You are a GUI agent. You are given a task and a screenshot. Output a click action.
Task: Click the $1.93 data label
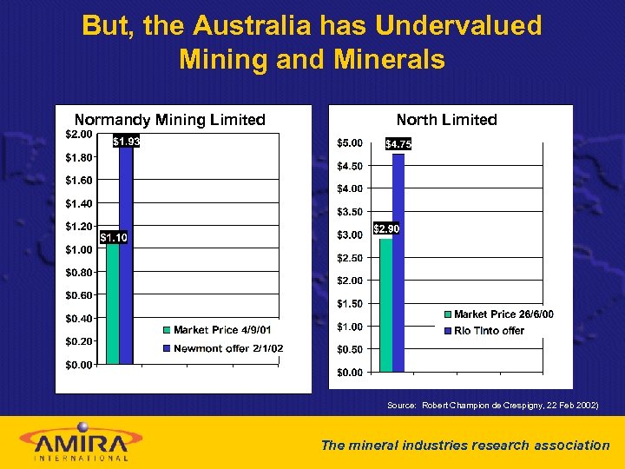coord(126,142)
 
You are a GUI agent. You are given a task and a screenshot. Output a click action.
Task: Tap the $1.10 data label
coord(114,237)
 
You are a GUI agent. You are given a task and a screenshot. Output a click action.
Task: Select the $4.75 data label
coord(398,144)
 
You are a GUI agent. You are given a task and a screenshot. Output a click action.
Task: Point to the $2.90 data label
coord(386,229)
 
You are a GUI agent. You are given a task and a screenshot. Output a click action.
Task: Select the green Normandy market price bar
coord(113,304)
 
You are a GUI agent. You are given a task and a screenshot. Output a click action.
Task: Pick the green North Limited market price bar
coord(386,304)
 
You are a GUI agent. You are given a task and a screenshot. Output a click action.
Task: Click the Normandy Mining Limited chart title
coord(169,120)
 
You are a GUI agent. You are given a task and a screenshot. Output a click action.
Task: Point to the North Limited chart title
coord(446,120)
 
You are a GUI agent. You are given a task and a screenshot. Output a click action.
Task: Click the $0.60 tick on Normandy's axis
coord(79,295)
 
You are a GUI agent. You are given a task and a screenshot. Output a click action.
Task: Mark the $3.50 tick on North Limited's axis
coord(350,212)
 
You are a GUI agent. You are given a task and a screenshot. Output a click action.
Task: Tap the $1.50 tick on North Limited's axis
coord(350,304)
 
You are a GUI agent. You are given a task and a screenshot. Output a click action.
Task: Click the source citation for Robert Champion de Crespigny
coord(492,406)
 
